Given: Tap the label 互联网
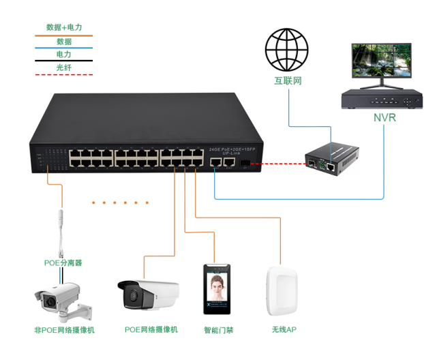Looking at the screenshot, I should pos(288,81).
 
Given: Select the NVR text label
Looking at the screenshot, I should pos(384,118).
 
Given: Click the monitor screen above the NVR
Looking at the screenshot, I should pos(381,62).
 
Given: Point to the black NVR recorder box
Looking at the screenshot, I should pos(380,100).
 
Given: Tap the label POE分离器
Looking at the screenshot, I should pos(63,262).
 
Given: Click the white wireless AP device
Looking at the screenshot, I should pos(283,292).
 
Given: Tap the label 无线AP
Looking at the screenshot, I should pos(284,331).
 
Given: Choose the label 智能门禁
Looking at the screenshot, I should pos(218,331).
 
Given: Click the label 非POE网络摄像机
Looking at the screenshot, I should pos(64,331).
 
